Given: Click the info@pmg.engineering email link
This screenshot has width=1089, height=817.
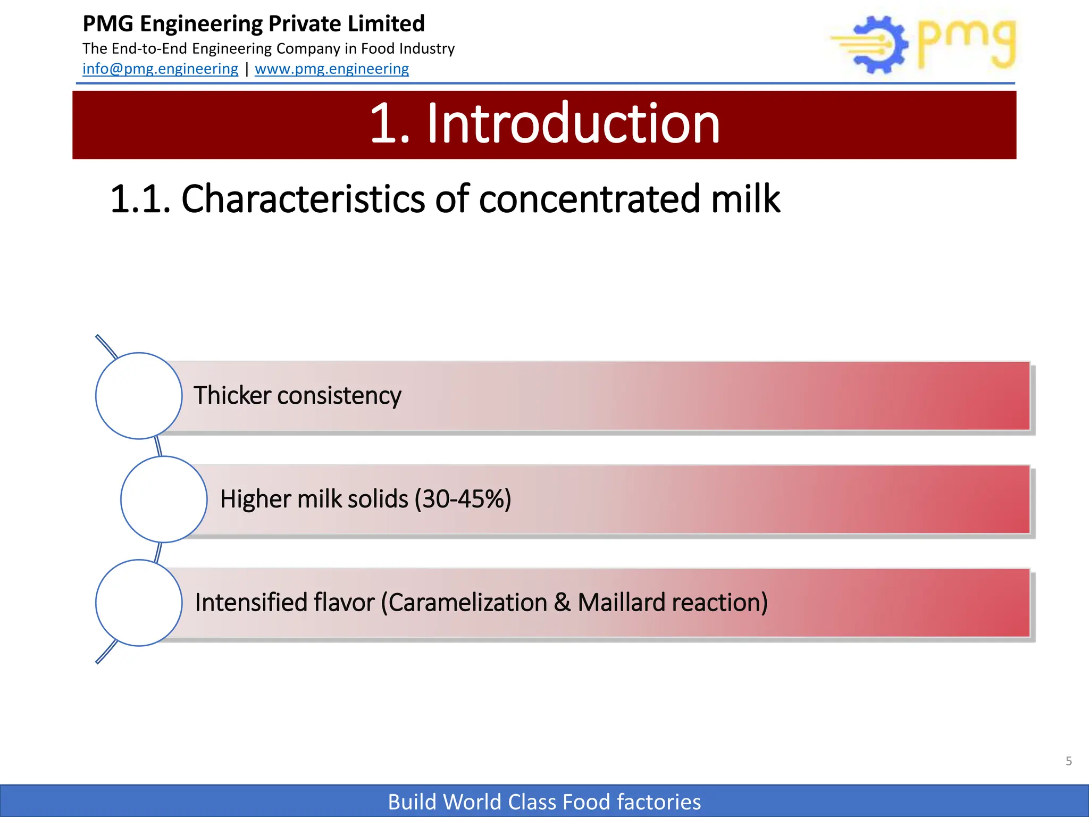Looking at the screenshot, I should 160,69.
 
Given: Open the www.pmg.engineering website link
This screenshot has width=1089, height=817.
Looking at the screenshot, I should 332,69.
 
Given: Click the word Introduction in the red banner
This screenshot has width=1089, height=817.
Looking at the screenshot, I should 573,124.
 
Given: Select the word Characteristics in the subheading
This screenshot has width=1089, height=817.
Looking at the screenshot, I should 304,199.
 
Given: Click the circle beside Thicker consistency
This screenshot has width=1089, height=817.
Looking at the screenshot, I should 139,396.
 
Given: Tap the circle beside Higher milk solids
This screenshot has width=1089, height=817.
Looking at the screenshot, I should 164,499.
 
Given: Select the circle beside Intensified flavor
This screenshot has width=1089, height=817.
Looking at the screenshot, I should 139,603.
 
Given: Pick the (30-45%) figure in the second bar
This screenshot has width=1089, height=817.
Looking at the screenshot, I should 463,499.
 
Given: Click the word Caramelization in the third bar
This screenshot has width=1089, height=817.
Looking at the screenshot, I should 468,603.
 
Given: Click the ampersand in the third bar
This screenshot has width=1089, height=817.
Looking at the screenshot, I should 562,603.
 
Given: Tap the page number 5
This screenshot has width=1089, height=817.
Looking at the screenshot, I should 1068,761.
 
